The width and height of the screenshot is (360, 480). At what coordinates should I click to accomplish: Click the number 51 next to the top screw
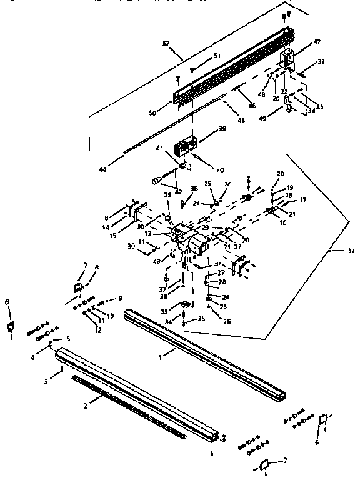217,56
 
